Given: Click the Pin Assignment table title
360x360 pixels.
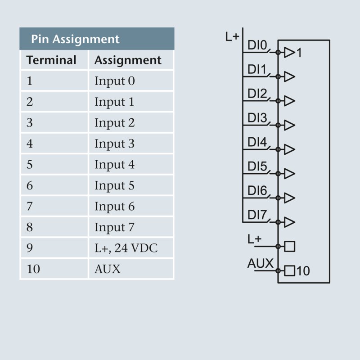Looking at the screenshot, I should tap(75, 39).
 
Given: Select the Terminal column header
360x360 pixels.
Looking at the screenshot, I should tap(51, 60).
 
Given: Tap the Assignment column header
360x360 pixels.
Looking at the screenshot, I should tap(128, 60).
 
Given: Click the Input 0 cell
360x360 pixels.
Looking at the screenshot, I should tap(114, 81).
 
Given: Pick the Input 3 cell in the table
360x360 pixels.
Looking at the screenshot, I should tap(114, 144).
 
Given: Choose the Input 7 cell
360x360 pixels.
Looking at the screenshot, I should tap(114, 227).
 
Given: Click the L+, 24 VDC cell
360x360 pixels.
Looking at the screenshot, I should tap(126, 248).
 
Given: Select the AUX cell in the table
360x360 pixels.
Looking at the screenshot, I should tap(108, 269).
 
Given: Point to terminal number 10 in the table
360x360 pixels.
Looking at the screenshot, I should tap(33, 269).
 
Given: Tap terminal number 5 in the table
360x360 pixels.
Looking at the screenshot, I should tap(30, 165).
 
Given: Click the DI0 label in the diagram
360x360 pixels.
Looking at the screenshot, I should tap(257, 46).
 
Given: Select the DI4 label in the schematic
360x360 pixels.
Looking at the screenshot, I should tap(257, 143).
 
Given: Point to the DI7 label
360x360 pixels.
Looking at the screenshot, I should tap(257, 215).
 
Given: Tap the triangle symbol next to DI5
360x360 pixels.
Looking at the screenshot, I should tap(289, 174).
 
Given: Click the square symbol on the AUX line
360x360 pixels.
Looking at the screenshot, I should tap(290, 271).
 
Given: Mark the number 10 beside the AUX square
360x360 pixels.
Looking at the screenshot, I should tap(303, 271).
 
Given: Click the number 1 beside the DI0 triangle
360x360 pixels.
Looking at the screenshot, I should tap(300, 53).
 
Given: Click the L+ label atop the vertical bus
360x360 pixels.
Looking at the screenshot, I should tap(232, 36).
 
